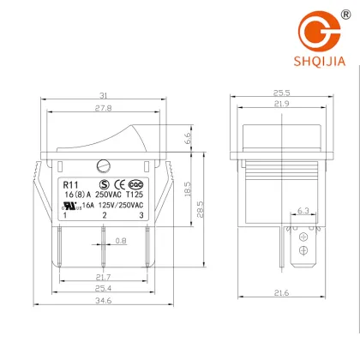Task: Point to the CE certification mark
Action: coord(122,184)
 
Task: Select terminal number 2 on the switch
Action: coord(104,215)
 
